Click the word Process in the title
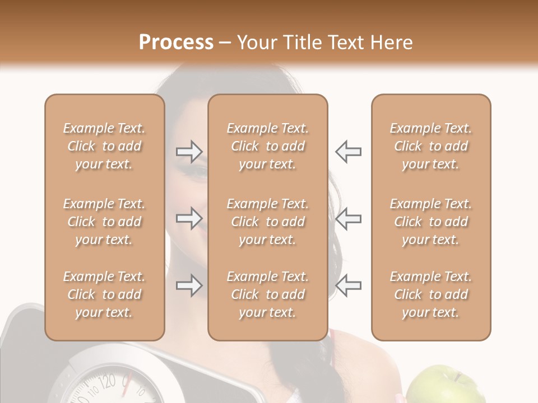(176, 43)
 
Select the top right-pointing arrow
(189, 152)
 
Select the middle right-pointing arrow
(189, 218)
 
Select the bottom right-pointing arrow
(189, 285)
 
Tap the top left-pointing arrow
(349, 152)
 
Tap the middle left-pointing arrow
(349, 218)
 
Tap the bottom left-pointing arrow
(349, 285)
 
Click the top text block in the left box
(104, 146)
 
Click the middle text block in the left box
(104, 222)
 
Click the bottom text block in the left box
(104, 294)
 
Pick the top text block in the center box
(268, 146)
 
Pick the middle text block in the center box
(268, 222)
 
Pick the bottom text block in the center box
(268, 294)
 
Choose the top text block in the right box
(431, 146)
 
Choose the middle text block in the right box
(431, 222)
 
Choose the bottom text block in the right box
(431, 294)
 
